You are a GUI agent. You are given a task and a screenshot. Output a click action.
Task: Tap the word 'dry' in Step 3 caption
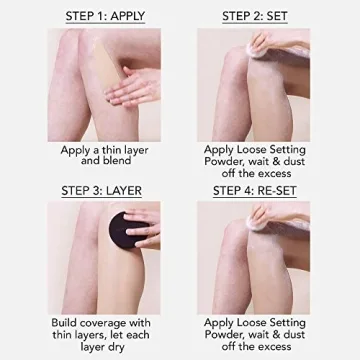(126, 351)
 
